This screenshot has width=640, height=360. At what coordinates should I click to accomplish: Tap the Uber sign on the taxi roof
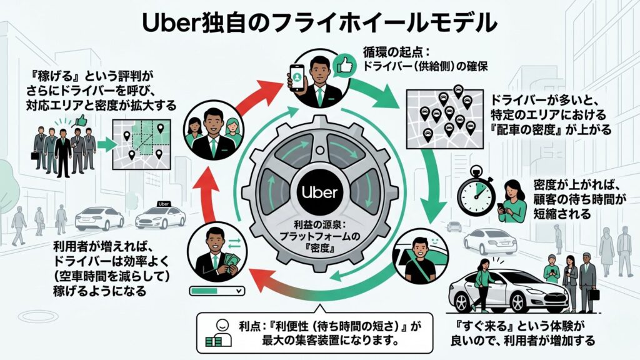(x=164, y=204)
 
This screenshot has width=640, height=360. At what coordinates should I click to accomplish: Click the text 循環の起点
(x=387, y=51)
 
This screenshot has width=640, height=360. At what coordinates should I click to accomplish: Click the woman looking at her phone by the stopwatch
(x=511, y=201)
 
